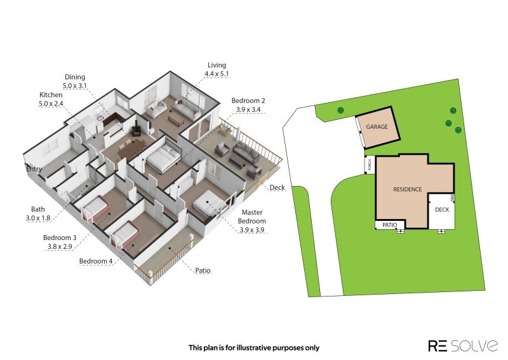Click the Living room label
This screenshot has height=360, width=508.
pyautogui.click(x=217, y=65)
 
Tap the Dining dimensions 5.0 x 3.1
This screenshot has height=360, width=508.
pyautogui.click(x=74, y=86)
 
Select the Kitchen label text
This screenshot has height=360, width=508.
pyautogui.click(x=51, y=95)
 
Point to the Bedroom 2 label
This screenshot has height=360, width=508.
pyautogui.click(x=248, y=101)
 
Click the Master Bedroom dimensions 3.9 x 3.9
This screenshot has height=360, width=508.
pyautogui.click(x=251, y=230)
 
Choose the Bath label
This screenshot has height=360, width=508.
pyautogui.click(x=38, y=210)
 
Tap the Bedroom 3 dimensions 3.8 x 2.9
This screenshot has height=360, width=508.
pyautogui.click(x=60, y=246)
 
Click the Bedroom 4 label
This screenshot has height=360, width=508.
pyautogui.click(x=96, y=261)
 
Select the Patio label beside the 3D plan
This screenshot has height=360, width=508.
pyautogui.click(x=203, y=270)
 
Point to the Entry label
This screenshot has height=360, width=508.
pyautogui.click(x=34, y=169)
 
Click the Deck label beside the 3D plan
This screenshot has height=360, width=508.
pyautogui.click(x=277, y=187)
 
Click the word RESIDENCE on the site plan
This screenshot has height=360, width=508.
pyautogui.click(x=407, y=189)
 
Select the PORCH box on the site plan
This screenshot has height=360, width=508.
pyautogui.click(x=370, y=165)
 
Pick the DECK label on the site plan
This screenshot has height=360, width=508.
pyautogui.click(x=442, y=210)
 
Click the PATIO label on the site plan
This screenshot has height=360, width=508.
pyautogui.click(x=389, y=225)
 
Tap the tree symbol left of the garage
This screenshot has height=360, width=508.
pyautogui.click(x=340, y=110)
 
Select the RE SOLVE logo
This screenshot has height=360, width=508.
pyautogui.click(x=463, y=346)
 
